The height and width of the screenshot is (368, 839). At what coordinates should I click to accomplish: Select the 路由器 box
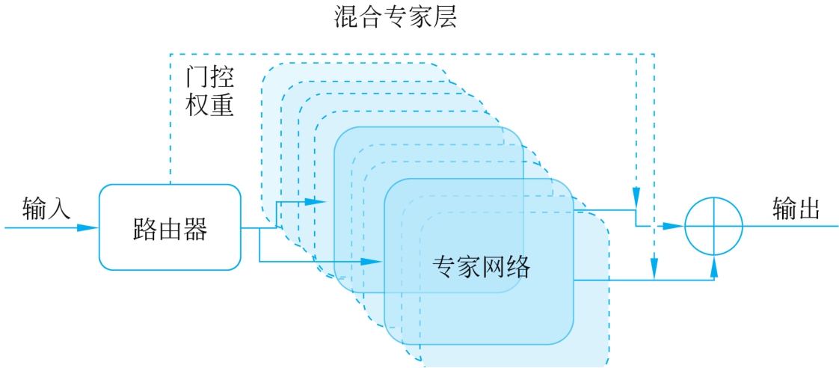[170, 227]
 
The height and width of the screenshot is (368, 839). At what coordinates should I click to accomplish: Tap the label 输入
[46, 208]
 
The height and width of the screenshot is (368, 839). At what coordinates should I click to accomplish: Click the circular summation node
[714, 226]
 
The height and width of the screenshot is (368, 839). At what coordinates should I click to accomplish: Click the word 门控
[210, 77]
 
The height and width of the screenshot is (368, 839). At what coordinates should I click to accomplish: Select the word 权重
[210, 104]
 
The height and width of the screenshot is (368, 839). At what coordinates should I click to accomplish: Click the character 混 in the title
[345, 17]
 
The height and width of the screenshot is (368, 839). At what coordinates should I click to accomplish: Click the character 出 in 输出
[808, 209]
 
